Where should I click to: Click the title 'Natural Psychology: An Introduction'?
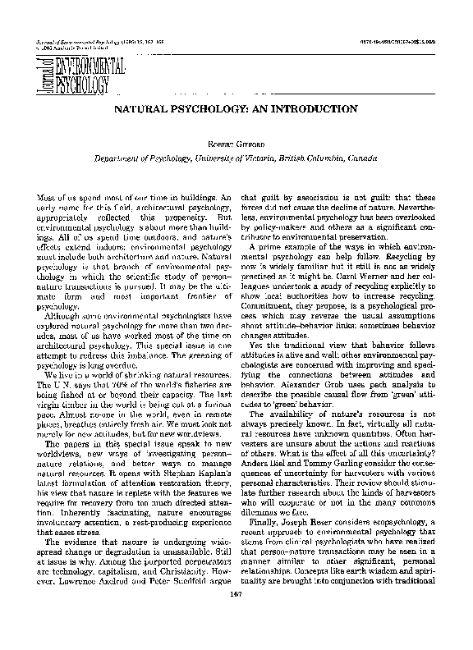235,108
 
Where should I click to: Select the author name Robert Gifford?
236,142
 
